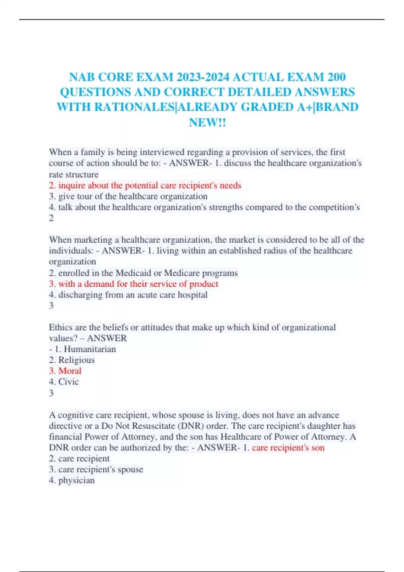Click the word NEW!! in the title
(207, 122)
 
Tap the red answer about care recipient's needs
(145, 185)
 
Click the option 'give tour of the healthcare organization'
(128, 196)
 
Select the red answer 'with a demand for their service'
(134, 284)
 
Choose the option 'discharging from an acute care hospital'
(128, 295)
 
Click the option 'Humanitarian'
(90, 349)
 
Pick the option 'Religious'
(76, 360)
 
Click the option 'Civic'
(68, 382)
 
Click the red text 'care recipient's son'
(288, 448)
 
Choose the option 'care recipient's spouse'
(96, 469)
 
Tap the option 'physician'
(76, 480)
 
